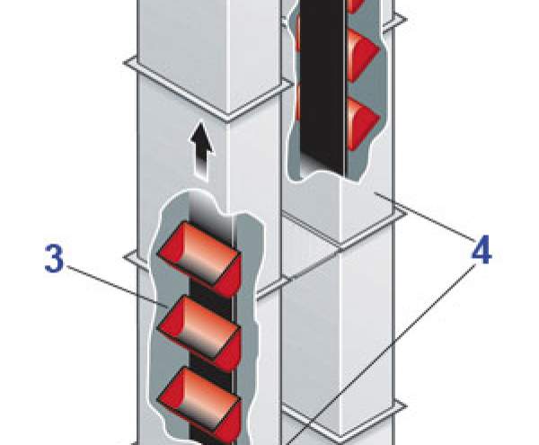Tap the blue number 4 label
pyautogui.click(x=482, y=252)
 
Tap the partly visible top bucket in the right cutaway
pyautogui.click(x=351, y=5)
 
